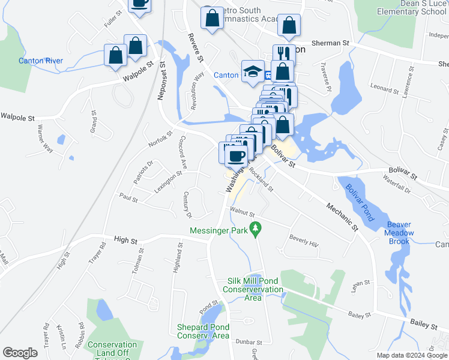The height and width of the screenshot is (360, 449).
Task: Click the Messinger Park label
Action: pos(218,230)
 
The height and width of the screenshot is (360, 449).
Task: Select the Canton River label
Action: pos(41,61)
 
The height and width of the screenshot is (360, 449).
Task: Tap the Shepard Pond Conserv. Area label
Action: pos(203,331)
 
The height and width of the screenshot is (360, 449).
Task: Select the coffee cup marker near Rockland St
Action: pos(234,156)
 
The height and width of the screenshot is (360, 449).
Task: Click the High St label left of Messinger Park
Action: pos(125,240)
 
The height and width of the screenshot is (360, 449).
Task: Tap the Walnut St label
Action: pos(243,213)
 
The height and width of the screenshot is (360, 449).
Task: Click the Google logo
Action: pos(20,353)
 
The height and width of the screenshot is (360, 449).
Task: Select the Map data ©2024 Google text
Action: pos(411,355)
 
